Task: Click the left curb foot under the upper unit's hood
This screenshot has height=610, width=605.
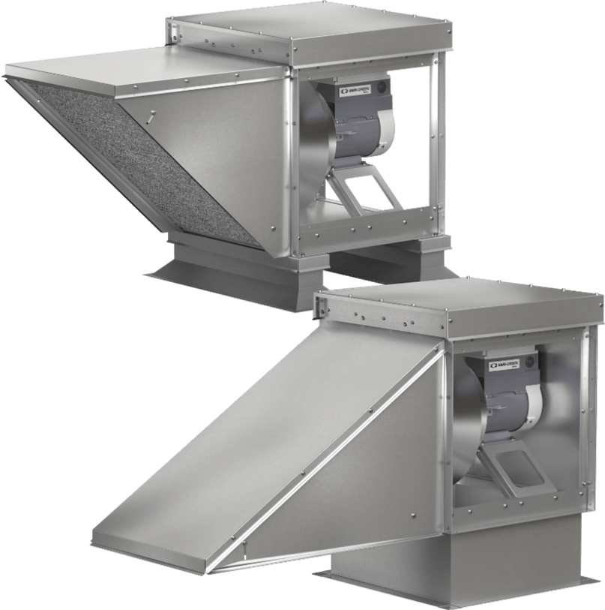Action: [x=225, y=270]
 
